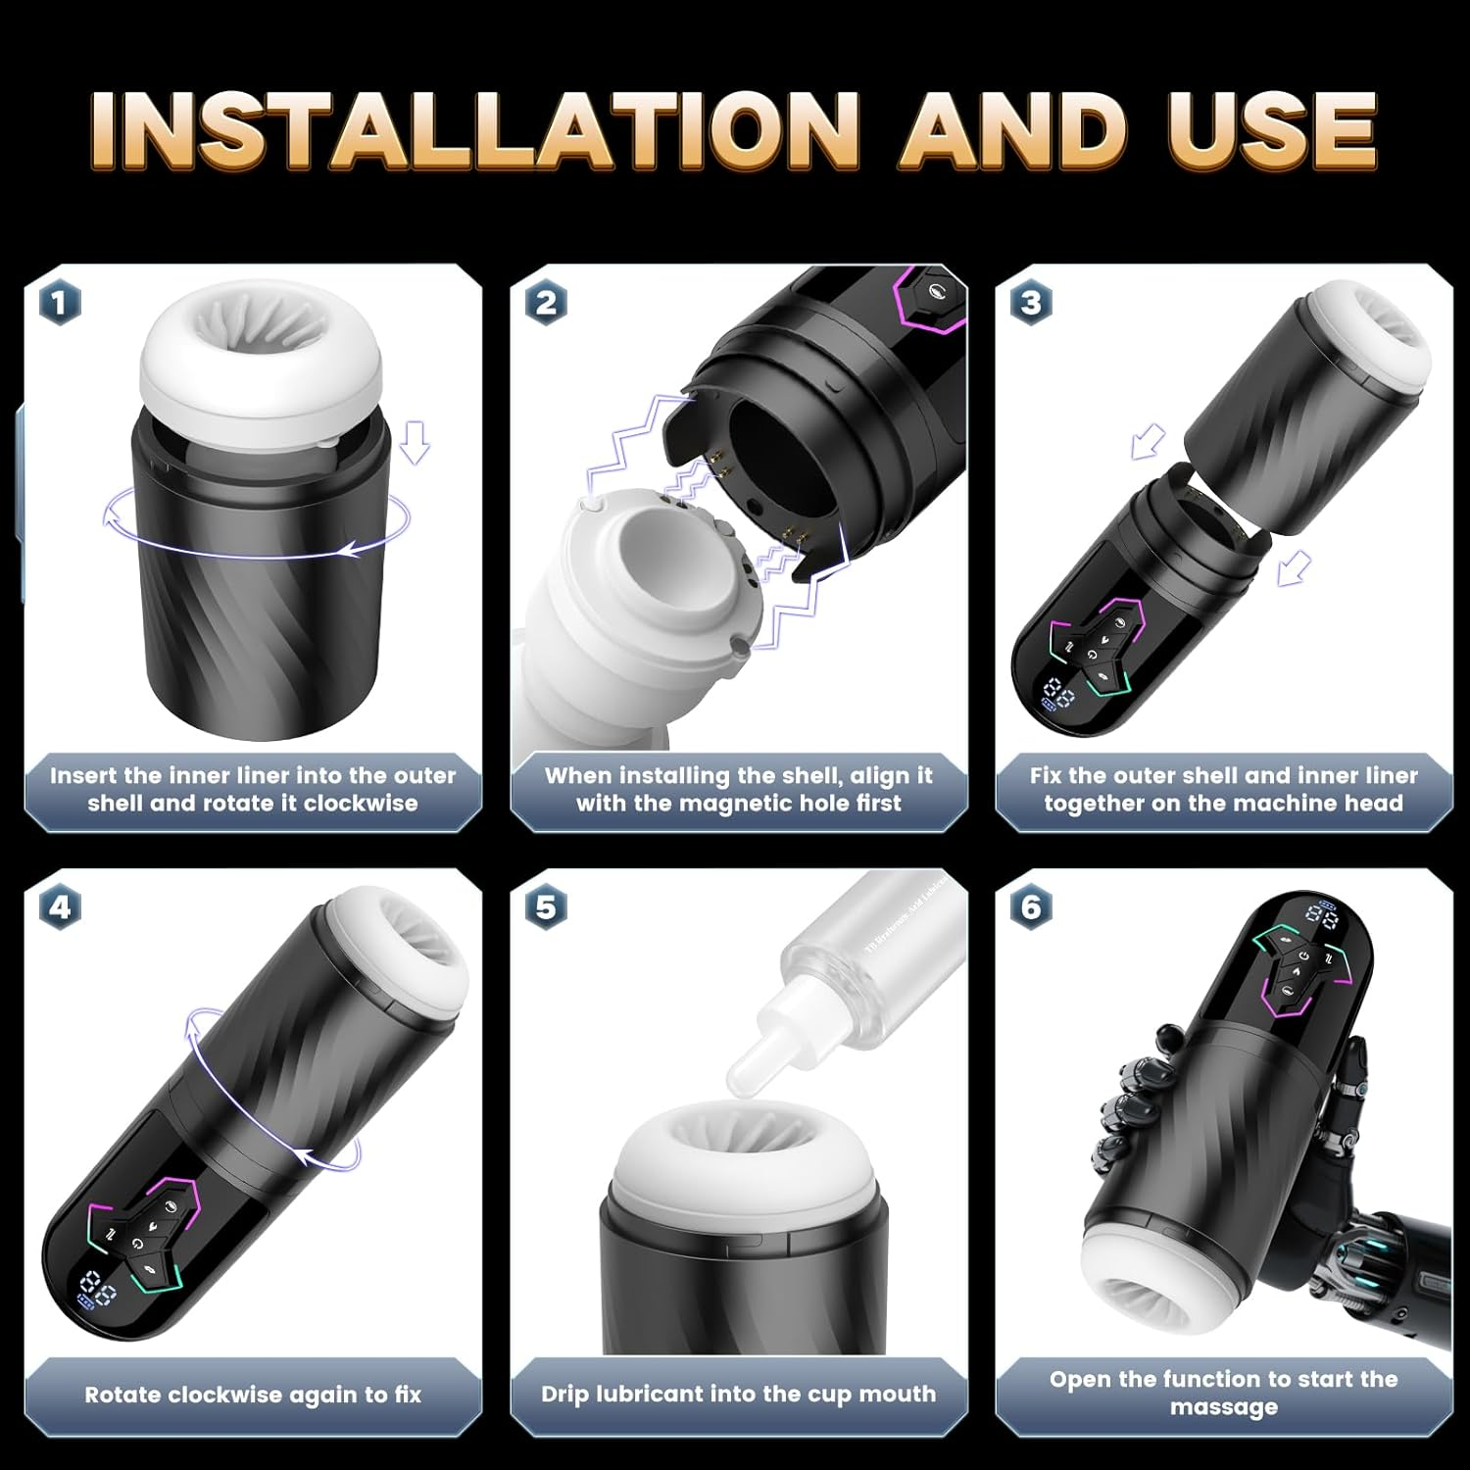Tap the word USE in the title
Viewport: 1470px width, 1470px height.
(x=1271, y=130)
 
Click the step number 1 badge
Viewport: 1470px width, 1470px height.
(x=60, y=303)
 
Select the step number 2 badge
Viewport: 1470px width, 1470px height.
(x=546, y=303)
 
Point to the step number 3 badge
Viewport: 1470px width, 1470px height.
(x=1031, y=303)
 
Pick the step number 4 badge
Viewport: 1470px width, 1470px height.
(x=60, y=907)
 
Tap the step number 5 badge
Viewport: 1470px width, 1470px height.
(x=546, y=907)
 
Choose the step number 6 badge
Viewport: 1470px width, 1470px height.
(x=1031, y=907)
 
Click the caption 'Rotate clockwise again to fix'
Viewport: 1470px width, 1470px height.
(x=253, y=1395)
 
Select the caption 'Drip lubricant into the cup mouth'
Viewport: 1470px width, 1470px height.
(x=738, y=1394)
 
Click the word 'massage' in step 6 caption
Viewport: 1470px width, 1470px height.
(x=1223, y=1407)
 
